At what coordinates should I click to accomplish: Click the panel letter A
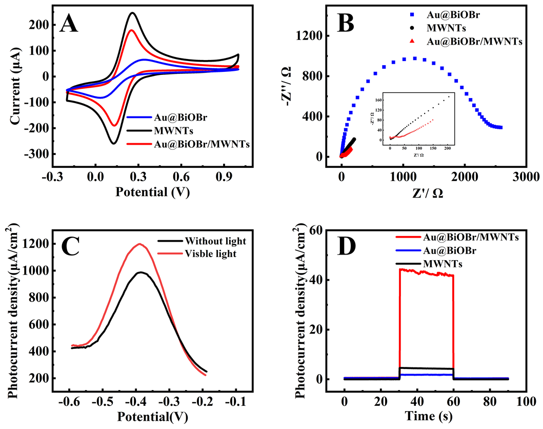69,24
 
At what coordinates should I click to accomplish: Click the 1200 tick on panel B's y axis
312,36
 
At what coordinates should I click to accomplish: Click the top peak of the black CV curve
133,13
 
